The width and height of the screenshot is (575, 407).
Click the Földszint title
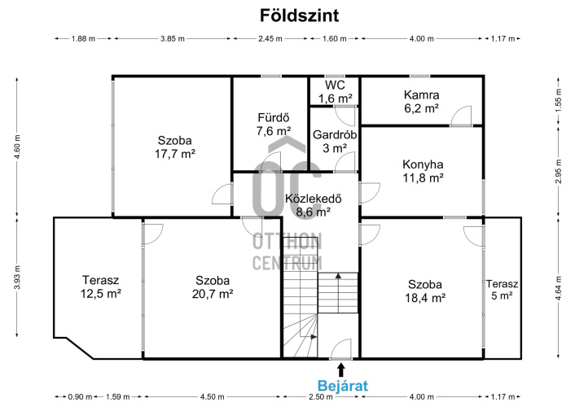click(299, 15)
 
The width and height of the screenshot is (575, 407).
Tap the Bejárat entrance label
click(343, 386)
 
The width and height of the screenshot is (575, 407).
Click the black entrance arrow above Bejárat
click(341, 370)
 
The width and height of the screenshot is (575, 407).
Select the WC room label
click(336, 85)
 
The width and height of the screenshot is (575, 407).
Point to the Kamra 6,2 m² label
click(421, 102)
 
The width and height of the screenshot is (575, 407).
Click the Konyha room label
click(423, 164)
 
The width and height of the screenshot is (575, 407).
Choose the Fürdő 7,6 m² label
click(274, 125)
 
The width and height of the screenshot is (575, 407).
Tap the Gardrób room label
click(335, 134)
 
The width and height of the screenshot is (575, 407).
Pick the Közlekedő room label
click(314, 199)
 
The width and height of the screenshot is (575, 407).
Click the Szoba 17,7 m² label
click(174, 147)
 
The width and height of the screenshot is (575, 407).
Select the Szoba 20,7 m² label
click(213, 287)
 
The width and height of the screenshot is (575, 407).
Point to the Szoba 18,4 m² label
click(425, 291)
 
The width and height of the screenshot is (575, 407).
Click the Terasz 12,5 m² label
click(101, 287)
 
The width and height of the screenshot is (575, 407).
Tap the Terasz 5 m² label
click(502, 290)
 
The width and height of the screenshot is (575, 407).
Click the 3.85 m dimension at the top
click(173, 38)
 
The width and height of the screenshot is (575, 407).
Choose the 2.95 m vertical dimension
click(559, 172)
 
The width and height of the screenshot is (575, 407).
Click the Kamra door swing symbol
click(461, 116)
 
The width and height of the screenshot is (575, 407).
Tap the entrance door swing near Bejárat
click(341, 348)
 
